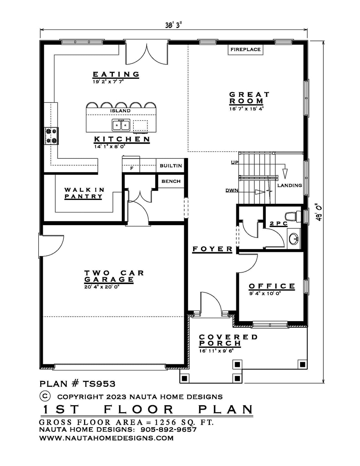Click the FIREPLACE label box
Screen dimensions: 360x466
pos(245,49)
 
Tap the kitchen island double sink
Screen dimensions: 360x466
pos(121,125)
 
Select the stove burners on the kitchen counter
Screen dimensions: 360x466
pos(51,136)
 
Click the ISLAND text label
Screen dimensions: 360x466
pos(120,111)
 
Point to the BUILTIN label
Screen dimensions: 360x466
pos(171,166)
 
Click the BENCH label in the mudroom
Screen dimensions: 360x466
pos(171,181)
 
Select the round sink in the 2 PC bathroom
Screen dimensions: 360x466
pos(294,238)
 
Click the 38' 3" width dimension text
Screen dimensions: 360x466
pos(173,25)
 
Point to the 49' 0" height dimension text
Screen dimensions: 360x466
pos(319,213)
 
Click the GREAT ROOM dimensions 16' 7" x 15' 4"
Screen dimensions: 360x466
pos(246,109)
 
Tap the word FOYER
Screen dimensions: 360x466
pos(212,249)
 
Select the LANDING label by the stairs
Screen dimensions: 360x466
pos(290,185)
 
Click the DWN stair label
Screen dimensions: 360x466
pos(232,190)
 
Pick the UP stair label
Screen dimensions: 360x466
pos(235,162)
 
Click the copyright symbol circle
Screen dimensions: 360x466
pos(45,395)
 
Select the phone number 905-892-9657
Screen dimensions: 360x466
pos(168,430)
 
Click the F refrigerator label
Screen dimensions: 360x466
pos(132,168)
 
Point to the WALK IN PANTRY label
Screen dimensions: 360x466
pos(84,193)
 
